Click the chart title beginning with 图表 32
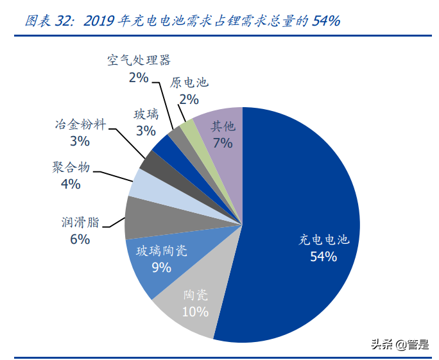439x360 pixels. [x=182, y=21]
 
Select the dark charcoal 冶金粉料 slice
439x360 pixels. [x=152, y=164]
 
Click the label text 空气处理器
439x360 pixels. [x=139, y=61]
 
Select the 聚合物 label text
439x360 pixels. [x=71, y=168]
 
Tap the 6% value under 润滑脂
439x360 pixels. [x=80, y=239]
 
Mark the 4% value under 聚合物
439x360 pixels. [x=70, y=185]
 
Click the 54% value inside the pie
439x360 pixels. [x=323, y=257]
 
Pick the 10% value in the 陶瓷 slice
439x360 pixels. [x=195, y=313]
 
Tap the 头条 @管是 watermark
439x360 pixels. [x=399, y=345]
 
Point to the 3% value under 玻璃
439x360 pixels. [x=145, y=131]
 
